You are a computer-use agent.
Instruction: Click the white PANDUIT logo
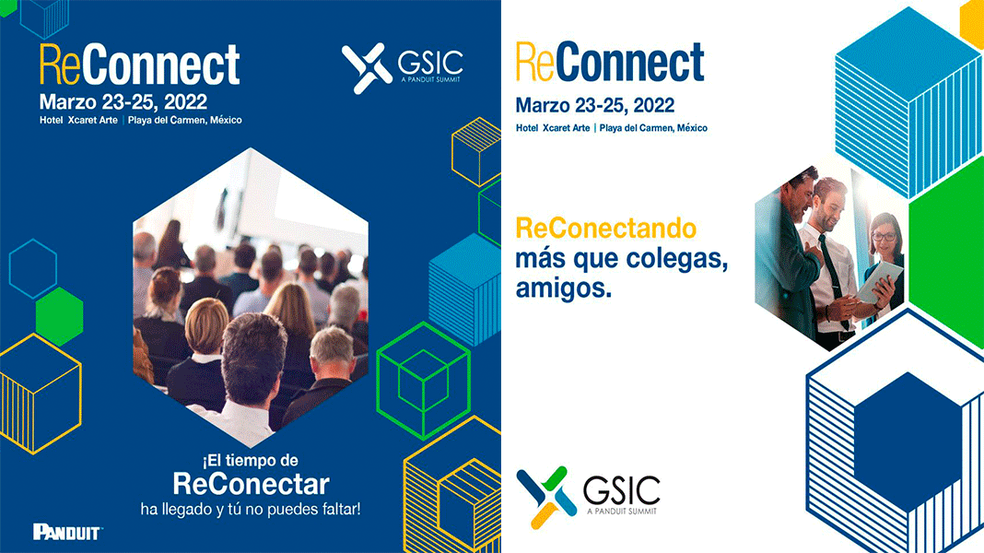tap(67, 533)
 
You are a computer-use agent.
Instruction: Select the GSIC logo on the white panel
tap(588, 497)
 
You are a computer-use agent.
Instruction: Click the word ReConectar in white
tap(251, 484)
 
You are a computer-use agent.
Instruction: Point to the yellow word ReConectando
tap(605, 228)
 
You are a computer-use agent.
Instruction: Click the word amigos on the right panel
tap(563, 288)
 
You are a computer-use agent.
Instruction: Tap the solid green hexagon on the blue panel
tap(60, 316)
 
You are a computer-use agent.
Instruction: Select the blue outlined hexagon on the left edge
tap(33, 268)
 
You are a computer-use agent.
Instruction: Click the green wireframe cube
tap(424, 381)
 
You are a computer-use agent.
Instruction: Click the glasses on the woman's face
tap(884, 237)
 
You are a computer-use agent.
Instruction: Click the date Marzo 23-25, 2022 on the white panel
tap(595, 105)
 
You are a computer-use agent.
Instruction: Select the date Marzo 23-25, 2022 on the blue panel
tap(123, 101)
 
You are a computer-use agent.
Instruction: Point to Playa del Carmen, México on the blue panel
tap(184, 120)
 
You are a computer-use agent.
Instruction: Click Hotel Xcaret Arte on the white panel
tap(553, 128)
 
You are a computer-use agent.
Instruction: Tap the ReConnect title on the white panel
tap(609, 62)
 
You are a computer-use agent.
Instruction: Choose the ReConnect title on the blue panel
tap(139, 64)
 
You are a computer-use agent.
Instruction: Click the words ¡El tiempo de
tap(250, 461)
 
